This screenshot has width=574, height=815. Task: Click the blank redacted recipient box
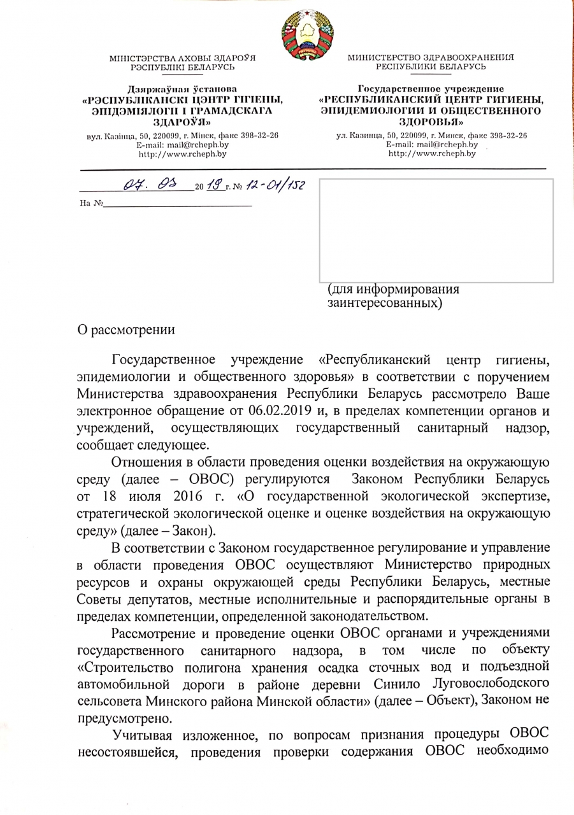click(436, 230)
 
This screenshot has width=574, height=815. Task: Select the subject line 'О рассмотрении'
click(125, 329)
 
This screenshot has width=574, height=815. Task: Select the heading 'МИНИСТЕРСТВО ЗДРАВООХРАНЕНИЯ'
click(431, 58)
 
